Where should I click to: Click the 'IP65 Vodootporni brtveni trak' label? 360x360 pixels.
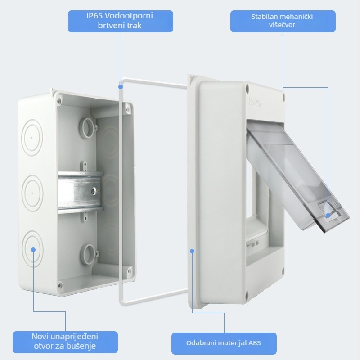pos(120,21)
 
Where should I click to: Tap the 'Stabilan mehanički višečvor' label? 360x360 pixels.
pos(283,21)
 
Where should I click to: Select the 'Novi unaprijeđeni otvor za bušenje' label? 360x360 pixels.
pos(65,342)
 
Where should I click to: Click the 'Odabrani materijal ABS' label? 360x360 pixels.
pos(224,343)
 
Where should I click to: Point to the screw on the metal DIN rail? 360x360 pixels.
pos(95,191)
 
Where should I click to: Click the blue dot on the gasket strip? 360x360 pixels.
pos(121,87)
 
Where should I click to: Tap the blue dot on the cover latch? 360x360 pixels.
pos(328,216)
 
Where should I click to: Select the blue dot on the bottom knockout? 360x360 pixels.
pos(33,250)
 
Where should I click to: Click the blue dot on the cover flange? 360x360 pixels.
pos(192,251)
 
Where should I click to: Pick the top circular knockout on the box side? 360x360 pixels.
pos(32,138)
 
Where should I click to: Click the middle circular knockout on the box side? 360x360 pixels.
pos(32,193)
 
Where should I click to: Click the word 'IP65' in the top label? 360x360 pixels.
pos(94,16)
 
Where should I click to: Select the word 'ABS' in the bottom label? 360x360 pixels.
pos(255,343)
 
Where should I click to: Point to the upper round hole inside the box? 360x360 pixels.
pos(87,128)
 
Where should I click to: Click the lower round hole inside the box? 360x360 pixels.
pos(87,254)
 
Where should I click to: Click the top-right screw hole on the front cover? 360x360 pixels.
pos(247,88)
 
